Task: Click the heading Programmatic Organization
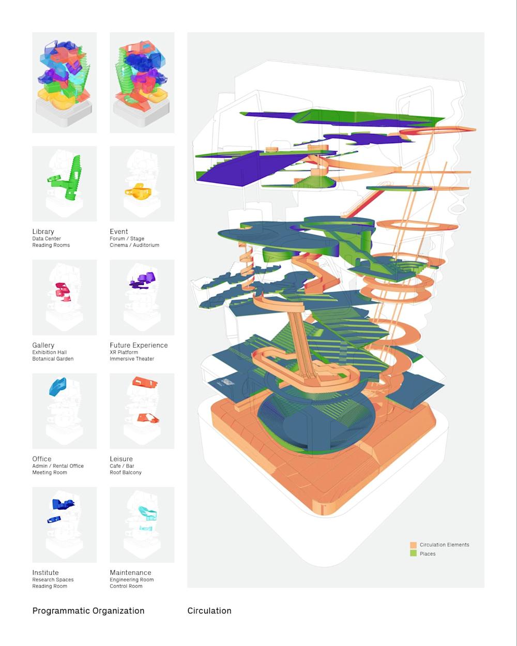tap(88, 611)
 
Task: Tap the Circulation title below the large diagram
tap(209, 611)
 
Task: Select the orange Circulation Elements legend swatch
tap(413, 545)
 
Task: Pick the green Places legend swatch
tap(413, 553)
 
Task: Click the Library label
tap(43, 232)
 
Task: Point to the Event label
tap(119, 232)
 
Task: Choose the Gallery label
tap(43, 345)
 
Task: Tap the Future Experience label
tap(139, 345)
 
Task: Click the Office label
tap(42, 459)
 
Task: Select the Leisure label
tap(121, 459)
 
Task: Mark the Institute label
tap(45, 573)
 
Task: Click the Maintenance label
tap(131, 573)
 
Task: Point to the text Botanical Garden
tap(53, 359)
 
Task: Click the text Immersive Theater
tap(132, 359)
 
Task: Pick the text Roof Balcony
tap(126, 473)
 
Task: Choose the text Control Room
tap(126, 587)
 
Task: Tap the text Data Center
tap(47, 239)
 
